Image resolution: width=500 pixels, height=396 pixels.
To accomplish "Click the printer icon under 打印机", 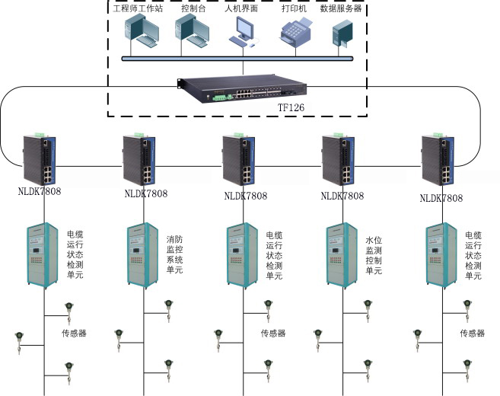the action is (x=295, y=32).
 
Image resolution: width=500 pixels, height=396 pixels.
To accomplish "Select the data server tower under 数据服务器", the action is (x=342, y=34).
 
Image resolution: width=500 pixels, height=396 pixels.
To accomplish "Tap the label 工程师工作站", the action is (x=138, y=8).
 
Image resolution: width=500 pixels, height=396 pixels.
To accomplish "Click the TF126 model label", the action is (x=291, y=107).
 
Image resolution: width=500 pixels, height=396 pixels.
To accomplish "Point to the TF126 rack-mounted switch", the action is (x=242, y=89).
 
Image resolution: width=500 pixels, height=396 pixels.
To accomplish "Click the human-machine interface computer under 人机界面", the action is (x=244, y=32).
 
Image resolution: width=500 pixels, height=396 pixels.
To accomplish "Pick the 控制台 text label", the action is (x=193, y=8).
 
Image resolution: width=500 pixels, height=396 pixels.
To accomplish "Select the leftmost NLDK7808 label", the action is (x=40, y=191).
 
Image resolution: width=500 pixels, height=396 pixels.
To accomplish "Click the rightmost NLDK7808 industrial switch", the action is (x=438, y=159).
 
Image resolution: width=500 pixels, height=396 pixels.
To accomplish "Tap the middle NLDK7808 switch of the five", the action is (x=239, y=159).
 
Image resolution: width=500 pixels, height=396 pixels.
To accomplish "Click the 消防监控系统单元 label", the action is (x=174, y=254).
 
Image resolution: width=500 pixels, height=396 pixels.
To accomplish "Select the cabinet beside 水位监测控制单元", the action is (x=342, y=255).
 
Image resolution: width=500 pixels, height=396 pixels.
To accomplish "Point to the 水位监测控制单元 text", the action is (x=374, y=255).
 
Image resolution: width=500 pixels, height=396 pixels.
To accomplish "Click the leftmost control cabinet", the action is (x=43, y=255).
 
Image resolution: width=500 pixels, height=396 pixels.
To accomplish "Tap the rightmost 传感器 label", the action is (x=473, y=334).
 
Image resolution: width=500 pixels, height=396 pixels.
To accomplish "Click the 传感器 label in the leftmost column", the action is (x=74, y=334).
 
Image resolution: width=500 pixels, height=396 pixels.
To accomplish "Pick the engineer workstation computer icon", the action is (x=142, y=32).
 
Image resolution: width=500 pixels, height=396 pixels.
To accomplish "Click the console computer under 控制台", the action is (x=193, y=32).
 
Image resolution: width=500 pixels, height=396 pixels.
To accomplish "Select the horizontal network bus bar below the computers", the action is (x=237, y=59).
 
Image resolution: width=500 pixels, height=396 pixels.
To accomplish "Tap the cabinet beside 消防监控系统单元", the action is (x=142, y=255).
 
